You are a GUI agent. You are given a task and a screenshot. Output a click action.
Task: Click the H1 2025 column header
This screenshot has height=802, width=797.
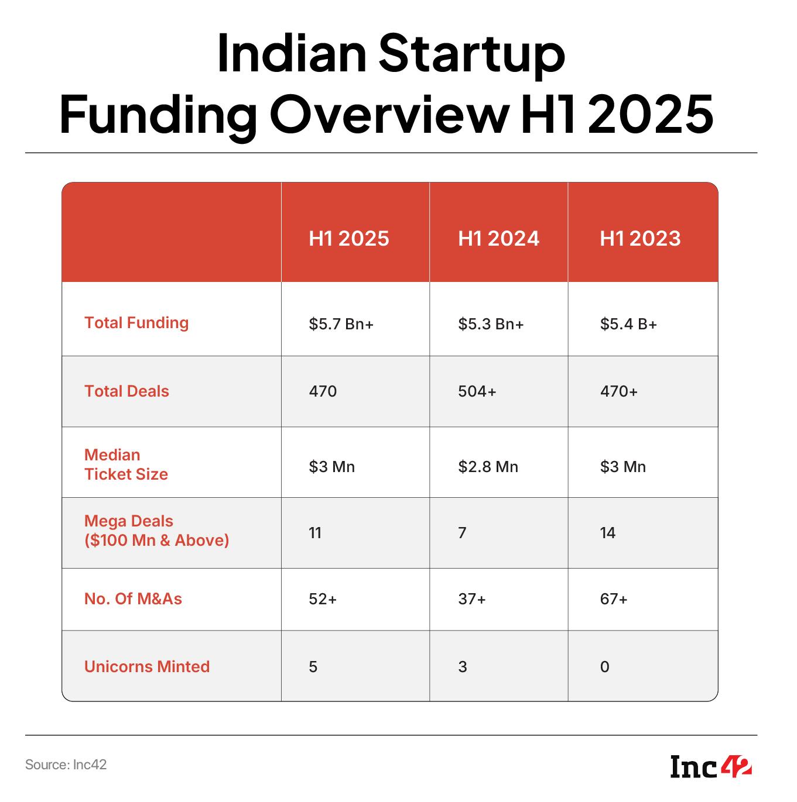tap(349, 239)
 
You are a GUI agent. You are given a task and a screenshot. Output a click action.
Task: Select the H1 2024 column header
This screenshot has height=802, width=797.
tap(498, 239)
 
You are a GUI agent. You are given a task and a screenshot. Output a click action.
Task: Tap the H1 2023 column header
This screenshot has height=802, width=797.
tap(640, 239)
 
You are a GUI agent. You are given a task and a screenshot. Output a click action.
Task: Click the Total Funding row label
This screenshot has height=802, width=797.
tap(136, 323)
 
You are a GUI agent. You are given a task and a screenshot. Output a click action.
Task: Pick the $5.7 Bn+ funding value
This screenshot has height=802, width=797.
tap(341, 324)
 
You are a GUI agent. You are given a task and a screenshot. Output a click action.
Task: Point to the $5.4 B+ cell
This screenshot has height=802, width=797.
tap(628, 324)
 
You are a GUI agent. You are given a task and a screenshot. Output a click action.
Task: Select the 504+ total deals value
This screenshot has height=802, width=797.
tap(477, 391)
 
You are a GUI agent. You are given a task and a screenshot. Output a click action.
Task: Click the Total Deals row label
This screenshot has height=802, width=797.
tap(126, 391)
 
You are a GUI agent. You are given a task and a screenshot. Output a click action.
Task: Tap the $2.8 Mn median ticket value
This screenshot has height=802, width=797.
tap(488, 467)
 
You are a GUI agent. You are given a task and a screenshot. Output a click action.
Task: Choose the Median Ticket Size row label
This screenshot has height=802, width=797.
tap(126, 464)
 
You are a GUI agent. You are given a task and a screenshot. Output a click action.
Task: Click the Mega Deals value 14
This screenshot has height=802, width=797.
tap(608, 533)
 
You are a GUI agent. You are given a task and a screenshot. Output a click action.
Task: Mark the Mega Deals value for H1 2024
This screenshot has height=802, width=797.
tap(462, 533)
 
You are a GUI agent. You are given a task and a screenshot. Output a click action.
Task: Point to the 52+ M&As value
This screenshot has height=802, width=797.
tap(323, 599)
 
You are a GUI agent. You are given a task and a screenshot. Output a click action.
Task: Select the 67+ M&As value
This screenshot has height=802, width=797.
tap(614, 599)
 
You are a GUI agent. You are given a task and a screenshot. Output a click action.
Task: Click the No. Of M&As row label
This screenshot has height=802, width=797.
tap(133, 599)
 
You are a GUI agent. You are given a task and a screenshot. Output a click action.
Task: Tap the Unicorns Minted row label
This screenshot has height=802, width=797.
tap(147, 667)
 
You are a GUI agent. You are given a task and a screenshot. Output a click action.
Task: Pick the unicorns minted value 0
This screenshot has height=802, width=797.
tap(605, 667)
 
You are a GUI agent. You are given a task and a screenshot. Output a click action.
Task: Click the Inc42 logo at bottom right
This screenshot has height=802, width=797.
tap(711, 767)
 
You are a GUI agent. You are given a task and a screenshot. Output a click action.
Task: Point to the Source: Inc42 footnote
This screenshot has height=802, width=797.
tap(66, 765)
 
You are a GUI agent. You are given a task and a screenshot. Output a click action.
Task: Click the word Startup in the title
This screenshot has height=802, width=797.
tap(471, 54)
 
